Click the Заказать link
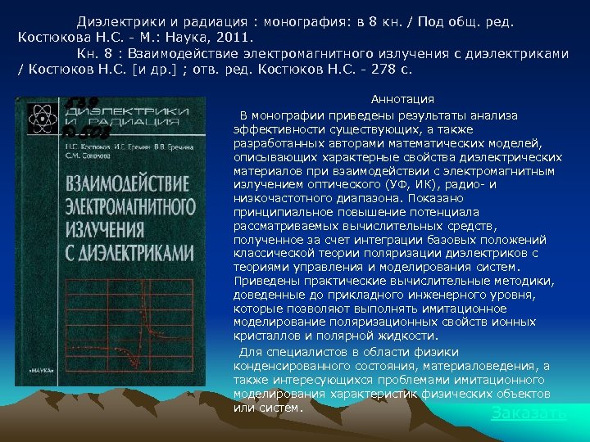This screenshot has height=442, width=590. click(x=529, y=413)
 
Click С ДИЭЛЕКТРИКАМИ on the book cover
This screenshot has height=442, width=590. click(x=132, y=249)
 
